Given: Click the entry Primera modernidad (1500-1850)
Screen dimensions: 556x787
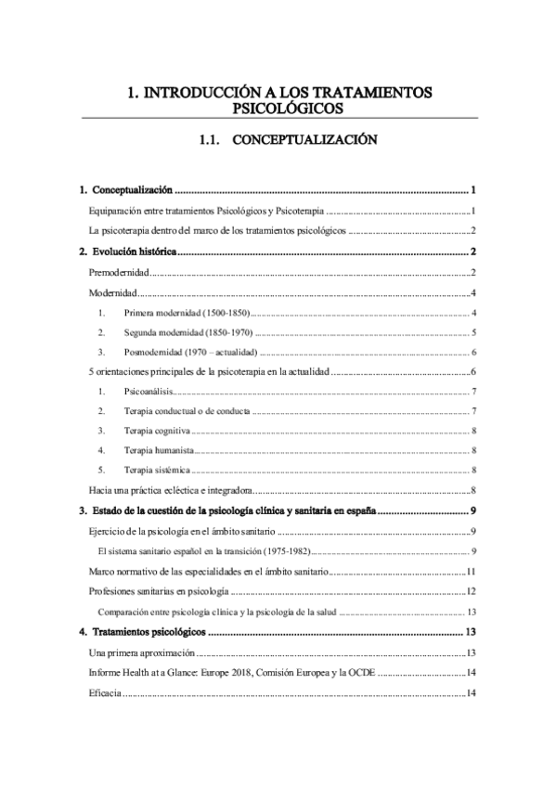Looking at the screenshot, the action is pyautogui.click(x=187, y=312).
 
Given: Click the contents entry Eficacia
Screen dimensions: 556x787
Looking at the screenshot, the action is pyautogui.click(x=105, y=692).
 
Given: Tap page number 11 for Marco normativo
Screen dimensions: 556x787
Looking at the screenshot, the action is pyautogui.click(x=472, y=572).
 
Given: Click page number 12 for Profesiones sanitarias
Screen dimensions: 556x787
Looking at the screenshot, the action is pyautogui.click(x=472, y=592).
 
